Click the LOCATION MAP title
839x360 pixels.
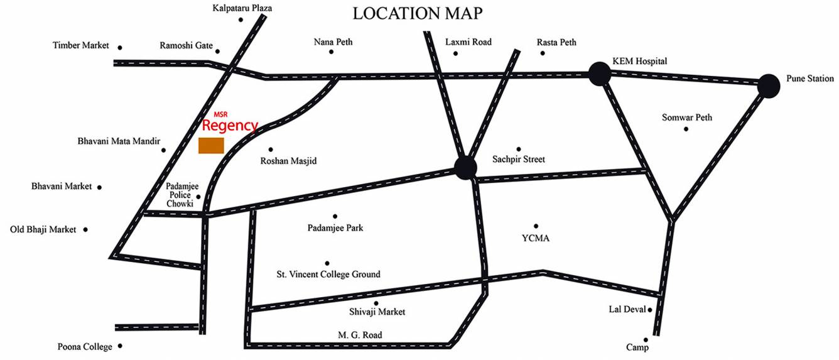pos(418,13)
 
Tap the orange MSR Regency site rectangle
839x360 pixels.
pos(211,145)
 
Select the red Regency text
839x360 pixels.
pos(230,126)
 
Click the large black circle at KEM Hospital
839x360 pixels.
pos(600,75)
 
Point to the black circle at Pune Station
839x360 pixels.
pos(768,85)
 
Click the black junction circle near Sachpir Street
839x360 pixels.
pos(465,167)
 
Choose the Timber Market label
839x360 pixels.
pos(81,46)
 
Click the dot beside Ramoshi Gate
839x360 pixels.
pos(218,52)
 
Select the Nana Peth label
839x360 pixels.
pos(333,42)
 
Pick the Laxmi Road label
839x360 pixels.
pos(468,42)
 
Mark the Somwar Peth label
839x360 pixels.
pos(687,117)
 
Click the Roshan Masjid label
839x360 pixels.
pos(288,161)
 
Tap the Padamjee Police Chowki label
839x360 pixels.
pos(182,195)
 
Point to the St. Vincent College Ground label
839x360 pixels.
pos(328,275)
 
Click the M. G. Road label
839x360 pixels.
pos(358,335)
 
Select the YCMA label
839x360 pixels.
pos(536,238)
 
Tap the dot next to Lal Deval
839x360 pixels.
pos(650,310)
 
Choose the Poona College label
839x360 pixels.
pos(85,347)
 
